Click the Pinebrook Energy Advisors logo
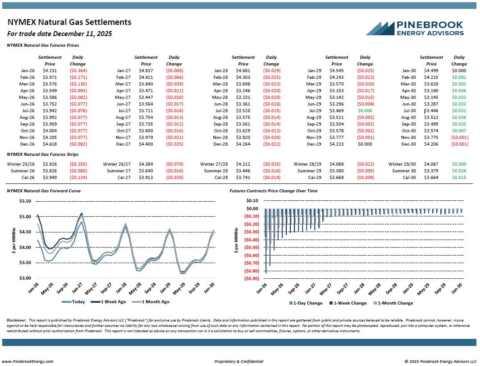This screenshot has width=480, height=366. (x=415, y=28)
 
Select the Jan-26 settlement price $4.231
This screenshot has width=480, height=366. (x=50, y=70)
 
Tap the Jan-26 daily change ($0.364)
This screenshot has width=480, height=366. (x=77, y=70)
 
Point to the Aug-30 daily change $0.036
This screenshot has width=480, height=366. (x=459, y=117)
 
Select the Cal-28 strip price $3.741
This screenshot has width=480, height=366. (x=243, y=178)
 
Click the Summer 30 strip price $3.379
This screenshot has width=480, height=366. (x=431, y=171)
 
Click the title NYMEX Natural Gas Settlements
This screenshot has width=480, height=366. (x=69, y=22)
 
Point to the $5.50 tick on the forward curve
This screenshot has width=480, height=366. (x=25, y=201)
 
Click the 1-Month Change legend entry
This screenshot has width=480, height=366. (x=393, y=303)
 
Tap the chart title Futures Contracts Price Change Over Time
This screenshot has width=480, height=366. (x=273, y=191)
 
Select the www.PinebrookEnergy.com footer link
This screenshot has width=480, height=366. (x=28, y=361)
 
